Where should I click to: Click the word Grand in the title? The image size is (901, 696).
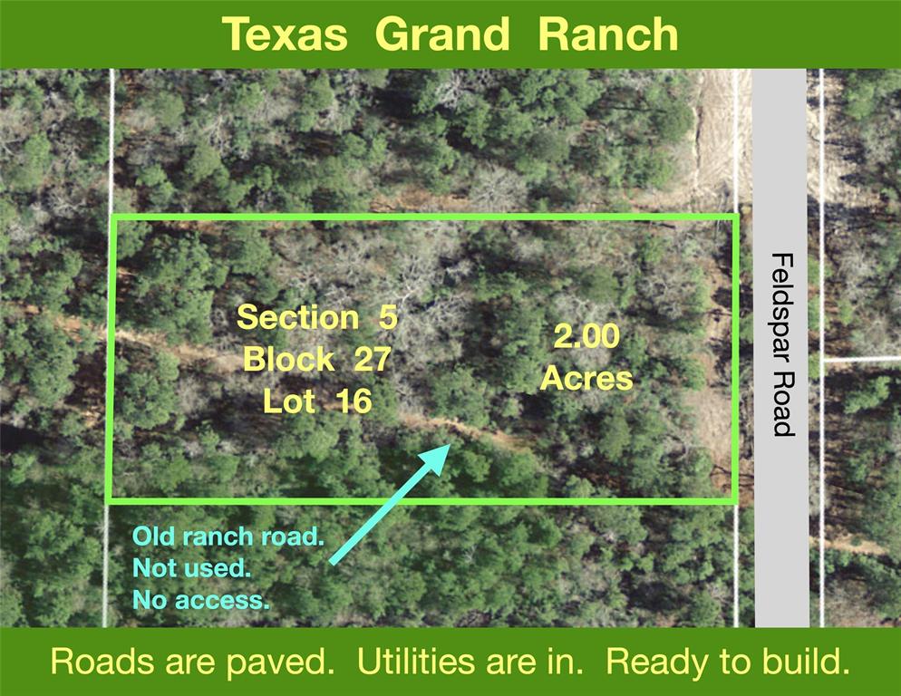(x=441, y=34)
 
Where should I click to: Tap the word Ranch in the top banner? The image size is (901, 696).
(x=607, y=34)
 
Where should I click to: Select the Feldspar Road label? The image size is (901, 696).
(x=782, y=344)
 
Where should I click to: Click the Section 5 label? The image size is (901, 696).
(x=317, y=318)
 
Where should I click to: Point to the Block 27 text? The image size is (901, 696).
(x=317, y=360)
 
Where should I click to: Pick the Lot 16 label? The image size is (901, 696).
(x=317, y=401)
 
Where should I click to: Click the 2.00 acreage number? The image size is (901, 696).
(x=586, y=337)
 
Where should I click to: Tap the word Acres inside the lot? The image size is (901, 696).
(x=586, y=378)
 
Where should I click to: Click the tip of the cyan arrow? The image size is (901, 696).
(x=450, y=446)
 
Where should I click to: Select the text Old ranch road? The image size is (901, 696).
(x=228, y=536)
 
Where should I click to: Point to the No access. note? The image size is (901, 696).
(x=201, y=599)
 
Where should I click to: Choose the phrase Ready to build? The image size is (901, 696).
(x=728, y=662)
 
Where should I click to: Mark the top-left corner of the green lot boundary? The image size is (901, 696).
(x=111, y=217)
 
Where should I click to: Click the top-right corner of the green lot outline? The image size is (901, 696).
(x=735, y=217)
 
